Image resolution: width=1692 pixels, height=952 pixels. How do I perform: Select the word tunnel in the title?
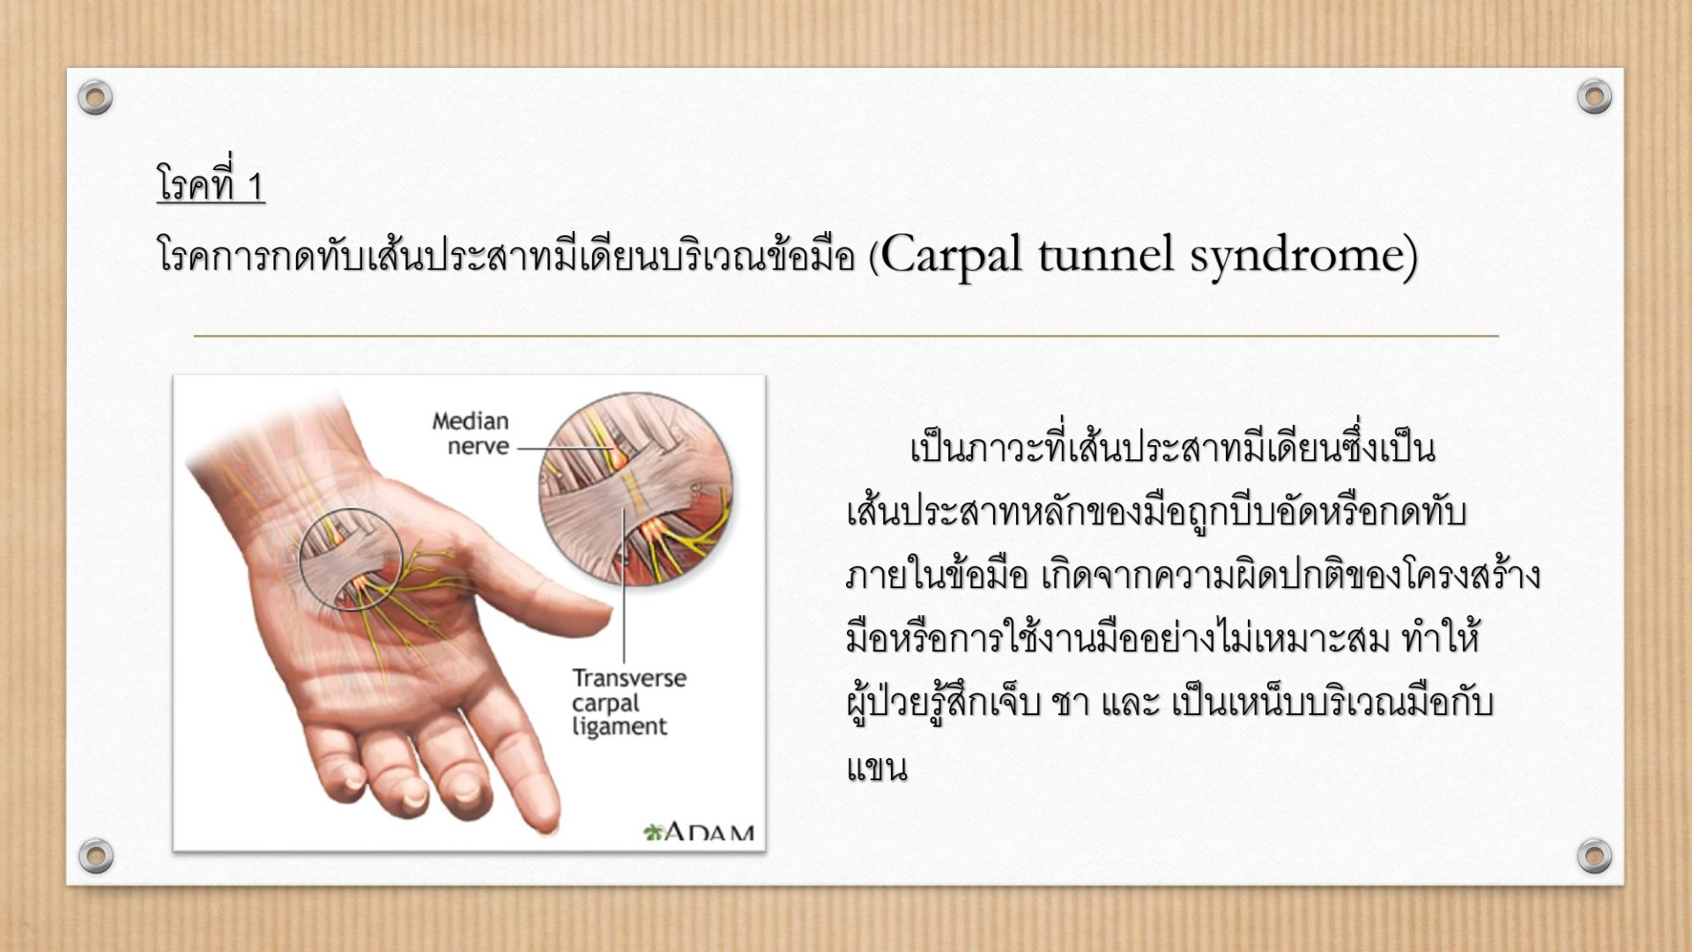[x=1107, y=255]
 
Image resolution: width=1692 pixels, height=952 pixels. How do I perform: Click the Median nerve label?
[x=471, y=434]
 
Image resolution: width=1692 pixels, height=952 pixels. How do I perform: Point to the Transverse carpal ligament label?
[x=628, y=702]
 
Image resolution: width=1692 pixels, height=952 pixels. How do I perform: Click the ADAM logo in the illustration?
[x=699, y=831]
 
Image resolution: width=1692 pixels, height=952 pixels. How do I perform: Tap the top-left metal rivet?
[x=95, y=97]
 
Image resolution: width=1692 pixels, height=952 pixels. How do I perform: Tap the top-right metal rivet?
[x=1594, y=96]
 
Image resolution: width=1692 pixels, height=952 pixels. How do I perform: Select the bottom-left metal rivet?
[x=95, y=855]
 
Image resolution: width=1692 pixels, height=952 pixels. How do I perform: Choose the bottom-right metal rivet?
[x=1594, y=855]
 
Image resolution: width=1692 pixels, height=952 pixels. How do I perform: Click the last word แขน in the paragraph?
[x=877, y=768]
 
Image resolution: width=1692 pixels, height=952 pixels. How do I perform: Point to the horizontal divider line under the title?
[x=846, y=336]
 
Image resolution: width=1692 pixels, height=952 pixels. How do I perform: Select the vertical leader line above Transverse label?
[x=624, y=586]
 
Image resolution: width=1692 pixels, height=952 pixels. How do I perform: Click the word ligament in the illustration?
[x=619, y=727]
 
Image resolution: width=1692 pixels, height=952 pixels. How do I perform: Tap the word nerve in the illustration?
[x=479, y=446]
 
